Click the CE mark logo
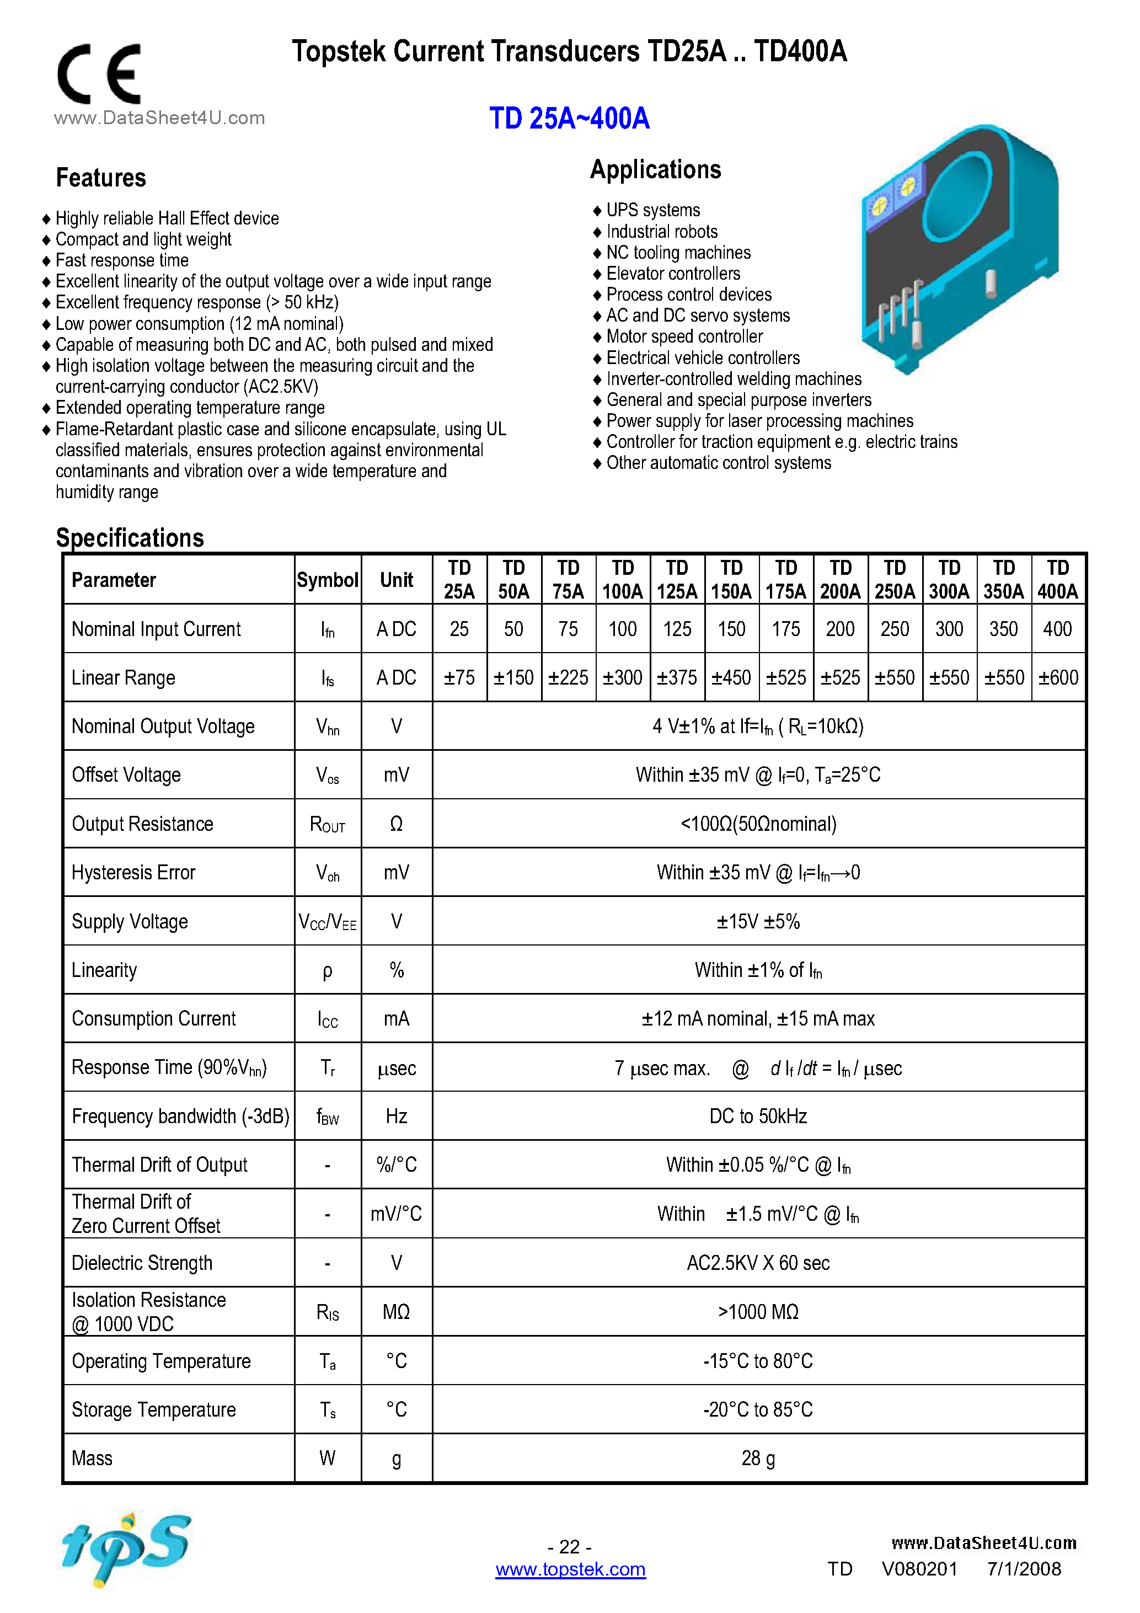coord(99,74)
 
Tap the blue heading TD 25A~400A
coord(569,118)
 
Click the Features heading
coord(101,178)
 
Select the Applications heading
coord(655,169)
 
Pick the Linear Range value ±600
coord(1058,677)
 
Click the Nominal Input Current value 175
coord(786,629)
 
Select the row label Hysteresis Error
coord(133,873)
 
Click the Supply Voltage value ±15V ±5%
coord(758,921)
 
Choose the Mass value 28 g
coord(758,1459)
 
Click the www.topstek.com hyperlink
coord(570,1569)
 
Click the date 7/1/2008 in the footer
coord(1024,1569)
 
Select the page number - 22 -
coord(569,1546)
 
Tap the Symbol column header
coord(327,580)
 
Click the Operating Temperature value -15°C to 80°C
coord(758,1361)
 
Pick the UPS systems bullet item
coord(652,210)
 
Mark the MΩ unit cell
coord(396,1312)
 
